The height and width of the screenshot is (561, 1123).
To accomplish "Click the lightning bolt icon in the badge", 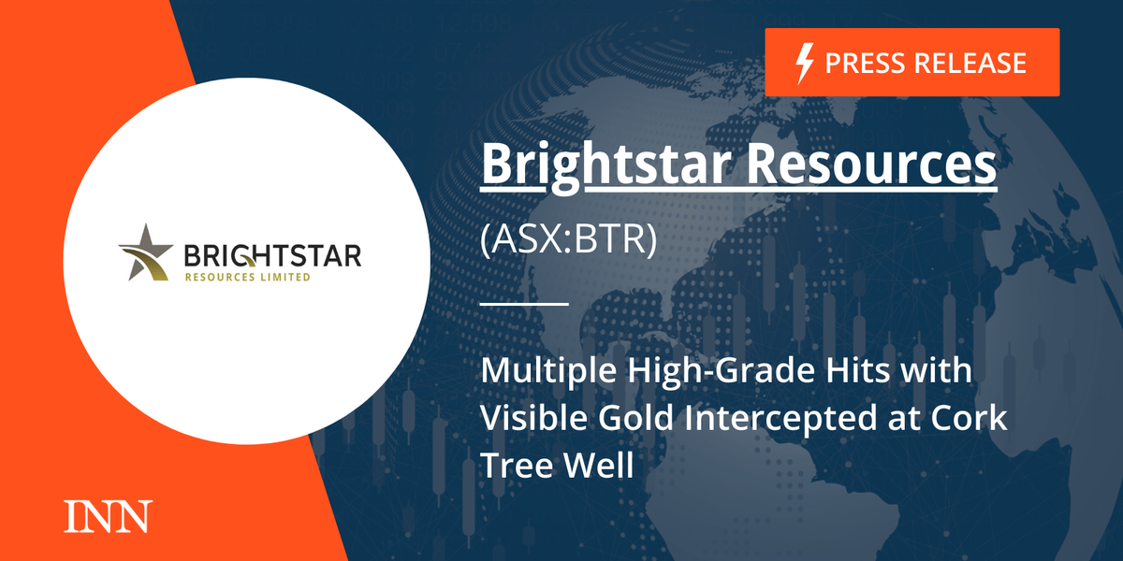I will (803, 63).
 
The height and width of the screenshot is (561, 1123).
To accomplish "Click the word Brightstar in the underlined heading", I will (599, 166).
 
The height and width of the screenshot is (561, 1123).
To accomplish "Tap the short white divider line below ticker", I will (524, 304).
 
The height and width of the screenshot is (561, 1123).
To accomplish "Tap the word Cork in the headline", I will (974, 418).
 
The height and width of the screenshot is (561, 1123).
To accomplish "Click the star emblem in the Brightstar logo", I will (147, 252).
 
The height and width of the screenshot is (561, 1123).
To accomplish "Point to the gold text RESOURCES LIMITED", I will (248, 277).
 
